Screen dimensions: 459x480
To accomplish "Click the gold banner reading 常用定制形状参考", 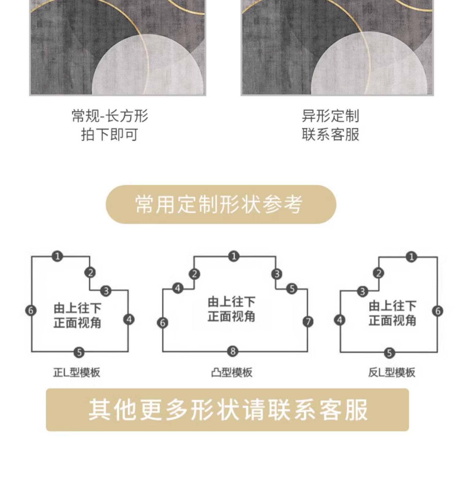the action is [221, 204].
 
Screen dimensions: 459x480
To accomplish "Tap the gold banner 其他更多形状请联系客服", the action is [227, 410].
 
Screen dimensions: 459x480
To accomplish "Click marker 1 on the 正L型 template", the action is [57, 256].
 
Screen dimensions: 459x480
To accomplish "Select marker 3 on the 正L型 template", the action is [106, 291].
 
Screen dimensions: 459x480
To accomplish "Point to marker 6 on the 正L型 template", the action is [31, 310].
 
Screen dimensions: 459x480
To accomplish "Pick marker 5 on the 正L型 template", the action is [79, 352].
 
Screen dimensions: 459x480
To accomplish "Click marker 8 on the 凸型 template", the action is [233, 351].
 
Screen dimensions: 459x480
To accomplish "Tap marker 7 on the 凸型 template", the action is [308, 321].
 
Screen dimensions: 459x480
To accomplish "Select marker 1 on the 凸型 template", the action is [234, 256].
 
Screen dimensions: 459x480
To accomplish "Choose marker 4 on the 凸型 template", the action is [178, 288].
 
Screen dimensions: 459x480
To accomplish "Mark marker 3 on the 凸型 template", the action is [277, 274].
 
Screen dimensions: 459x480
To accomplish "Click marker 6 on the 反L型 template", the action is [438, 311].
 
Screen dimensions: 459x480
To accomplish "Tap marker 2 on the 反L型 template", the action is [379, 273].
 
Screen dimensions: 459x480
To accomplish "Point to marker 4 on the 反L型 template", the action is [340, 320].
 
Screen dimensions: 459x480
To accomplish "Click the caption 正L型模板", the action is [76, 373].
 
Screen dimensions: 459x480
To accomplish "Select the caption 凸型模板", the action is [232, 373].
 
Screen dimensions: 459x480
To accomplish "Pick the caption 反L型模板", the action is [391, 373].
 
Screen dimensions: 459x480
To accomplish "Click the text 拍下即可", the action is [109, 134].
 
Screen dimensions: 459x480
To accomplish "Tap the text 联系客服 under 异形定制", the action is [330, 134].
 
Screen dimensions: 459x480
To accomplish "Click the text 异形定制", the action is [330, 116].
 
